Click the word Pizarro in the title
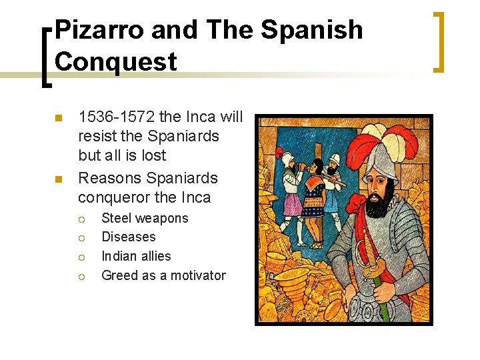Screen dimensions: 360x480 click(x=99, y=31)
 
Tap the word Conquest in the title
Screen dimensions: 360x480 click(x=116, y=61)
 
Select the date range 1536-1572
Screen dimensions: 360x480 click(x=117, y=117)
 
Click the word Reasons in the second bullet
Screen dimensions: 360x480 click(x=109, y=179)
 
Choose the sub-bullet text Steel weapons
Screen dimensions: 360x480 click(x=145, y=218)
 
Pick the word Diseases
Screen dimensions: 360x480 click(x=128, y=237)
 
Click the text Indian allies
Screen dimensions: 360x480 click(x=136, y=256)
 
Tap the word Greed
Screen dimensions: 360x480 click(x=119, y=275)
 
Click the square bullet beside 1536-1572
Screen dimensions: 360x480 click(x=58, y=118)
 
